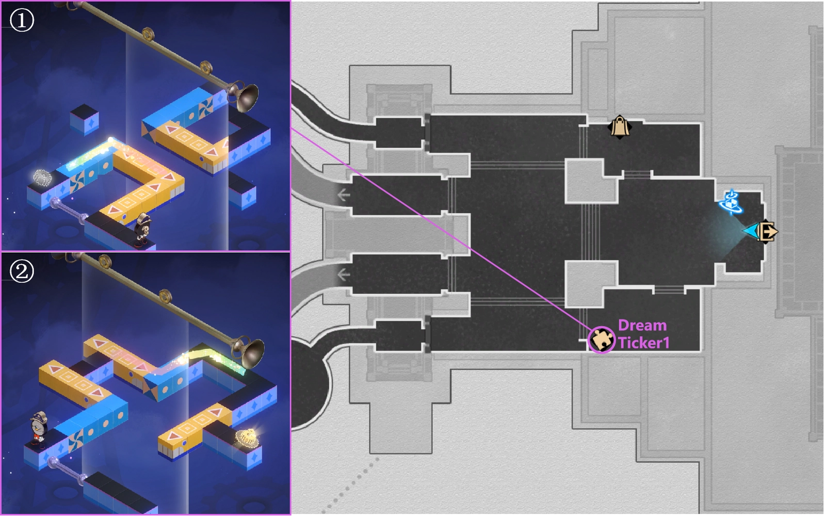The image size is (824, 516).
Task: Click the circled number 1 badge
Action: point(22,20)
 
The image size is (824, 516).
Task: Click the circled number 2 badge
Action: point(22,271)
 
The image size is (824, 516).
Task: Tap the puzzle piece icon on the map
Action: point(601,340)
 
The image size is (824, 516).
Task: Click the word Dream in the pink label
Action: point(642,326)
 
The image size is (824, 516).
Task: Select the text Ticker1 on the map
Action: point(644,343)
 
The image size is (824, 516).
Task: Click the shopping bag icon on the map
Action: point(620,127)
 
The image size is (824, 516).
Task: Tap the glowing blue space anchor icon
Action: point(731,202)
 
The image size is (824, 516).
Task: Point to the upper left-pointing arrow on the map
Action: point(343,195)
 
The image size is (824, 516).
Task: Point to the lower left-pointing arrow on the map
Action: point(343,275)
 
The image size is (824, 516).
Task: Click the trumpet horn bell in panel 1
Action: point(246,97)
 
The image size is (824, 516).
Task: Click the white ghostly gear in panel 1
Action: point(42,178)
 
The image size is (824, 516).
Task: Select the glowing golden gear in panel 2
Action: point(248,437)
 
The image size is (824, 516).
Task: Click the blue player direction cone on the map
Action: point(749,231)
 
